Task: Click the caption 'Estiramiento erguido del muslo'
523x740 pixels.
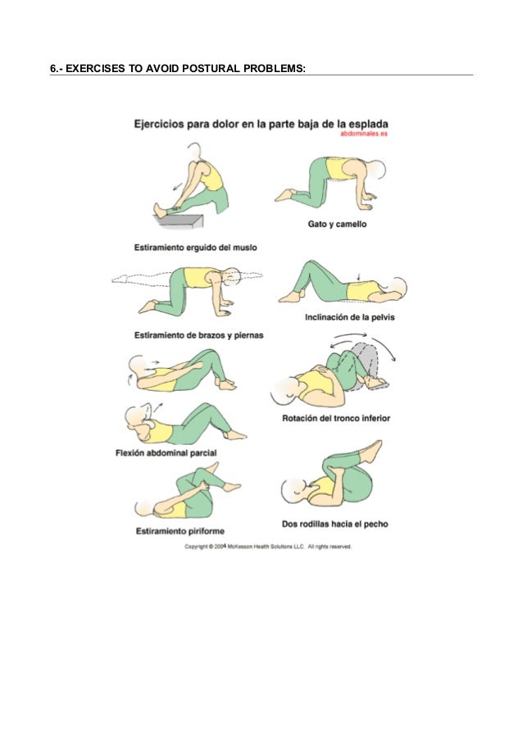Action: [x=197, y=246]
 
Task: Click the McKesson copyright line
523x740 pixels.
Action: [x=268, y=546]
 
